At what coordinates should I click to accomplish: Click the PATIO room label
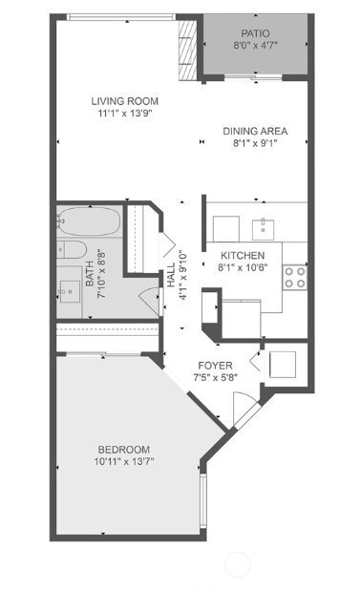(255, 33)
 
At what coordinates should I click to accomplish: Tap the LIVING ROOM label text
(125, 101)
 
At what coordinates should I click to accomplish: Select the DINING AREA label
(255, 131)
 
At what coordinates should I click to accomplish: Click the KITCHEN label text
(243, 256)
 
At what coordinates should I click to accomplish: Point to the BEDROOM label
(124, 450)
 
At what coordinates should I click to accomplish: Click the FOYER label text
(215, 366)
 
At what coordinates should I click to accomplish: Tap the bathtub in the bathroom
(89, 221)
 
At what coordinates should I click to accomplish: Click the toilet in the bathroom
(72, 249)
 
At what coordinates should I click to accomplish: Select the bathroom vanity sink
(70, 291)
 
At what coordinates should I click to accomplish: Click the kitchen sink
(263, 229)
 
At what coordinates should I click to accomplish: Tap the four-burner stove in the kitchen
(295, 277)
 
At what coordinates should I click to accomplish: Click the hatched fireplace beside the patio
(187, 50)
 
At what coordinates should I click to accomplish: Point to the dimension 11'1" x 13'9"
(125, 113)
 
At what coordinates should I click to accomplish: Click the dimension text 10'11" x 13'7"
(124, 461)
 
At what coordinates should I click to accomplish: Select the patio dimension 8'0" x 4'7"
(256, 46)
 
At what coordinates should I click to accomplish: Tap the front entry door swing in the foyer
(244, 409)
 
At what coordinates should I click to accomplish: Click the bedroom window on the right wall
(203, 501)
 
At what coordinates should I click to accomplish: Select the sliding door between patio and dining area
(253, 77)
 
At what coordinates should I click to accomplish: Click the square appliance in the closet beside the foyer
(283, 364)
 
